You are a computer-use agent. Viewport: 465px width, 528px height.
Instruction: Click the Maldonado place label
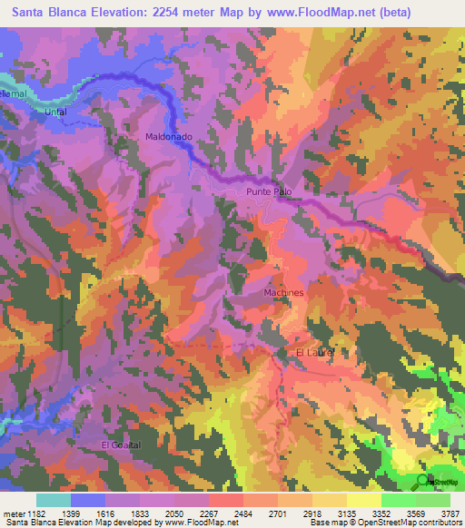169,136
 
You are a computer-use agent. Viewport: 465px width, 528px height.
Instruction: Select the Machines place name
283,293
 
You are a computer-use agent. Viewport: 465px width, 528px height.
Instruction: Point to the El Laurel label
316,352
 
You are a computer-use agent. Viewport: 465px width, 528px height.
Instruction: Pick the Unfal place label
56,112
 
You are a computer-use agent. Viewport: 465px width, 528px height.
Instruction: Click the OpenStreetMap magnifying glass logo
420,479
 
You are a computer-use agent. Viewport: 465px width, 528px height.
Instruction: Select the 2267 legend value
209,513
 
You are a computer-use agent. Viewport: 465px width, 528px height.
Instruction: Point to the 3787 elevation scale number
450,513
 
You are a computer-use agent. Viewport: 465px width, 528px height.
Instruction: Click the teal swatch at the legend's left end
53,500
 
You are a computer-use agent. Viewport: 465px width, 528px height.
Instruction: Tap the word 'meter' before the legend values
13,513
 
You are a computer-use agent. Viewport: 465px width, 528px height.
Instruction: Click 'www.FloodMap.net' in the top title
309,13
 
